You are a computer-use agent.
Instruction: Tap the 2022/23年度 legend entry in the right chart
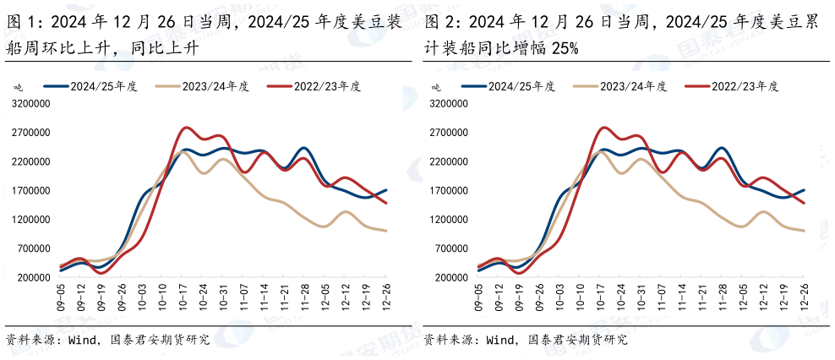(745, 86)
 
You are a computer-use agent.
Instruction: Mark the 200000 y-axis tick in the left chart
(33, 277)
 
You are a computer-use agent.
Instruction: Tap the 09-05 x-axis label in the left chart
(60, 296)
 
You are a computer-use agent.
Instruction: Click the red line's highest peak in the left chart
(187, 128)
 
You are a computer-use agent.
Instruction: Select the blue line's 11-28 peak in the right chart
(722, 148)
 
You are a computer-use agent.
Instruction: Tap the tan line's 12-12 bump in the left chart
(346, 212)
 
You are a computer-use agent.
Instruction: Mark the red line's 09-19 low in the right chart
(518, 273)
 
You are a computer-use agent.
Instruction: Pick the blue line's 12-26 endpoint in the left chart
(386, 190)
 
